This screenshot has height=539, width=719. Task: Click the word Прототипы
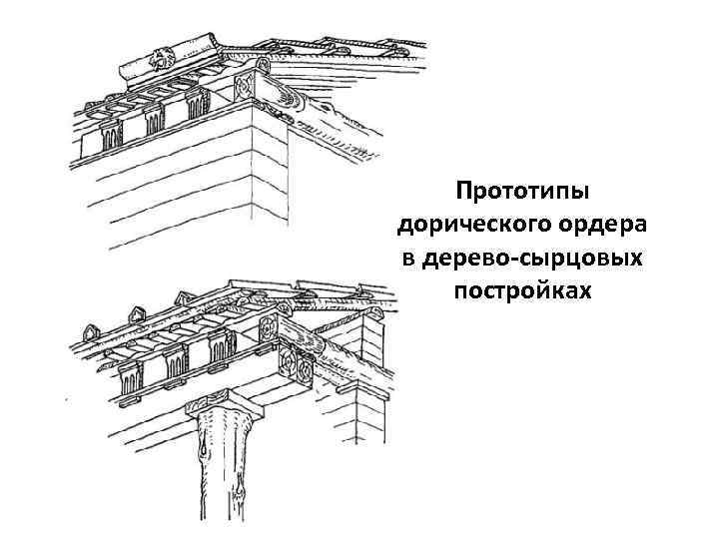tap(520, 190)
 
